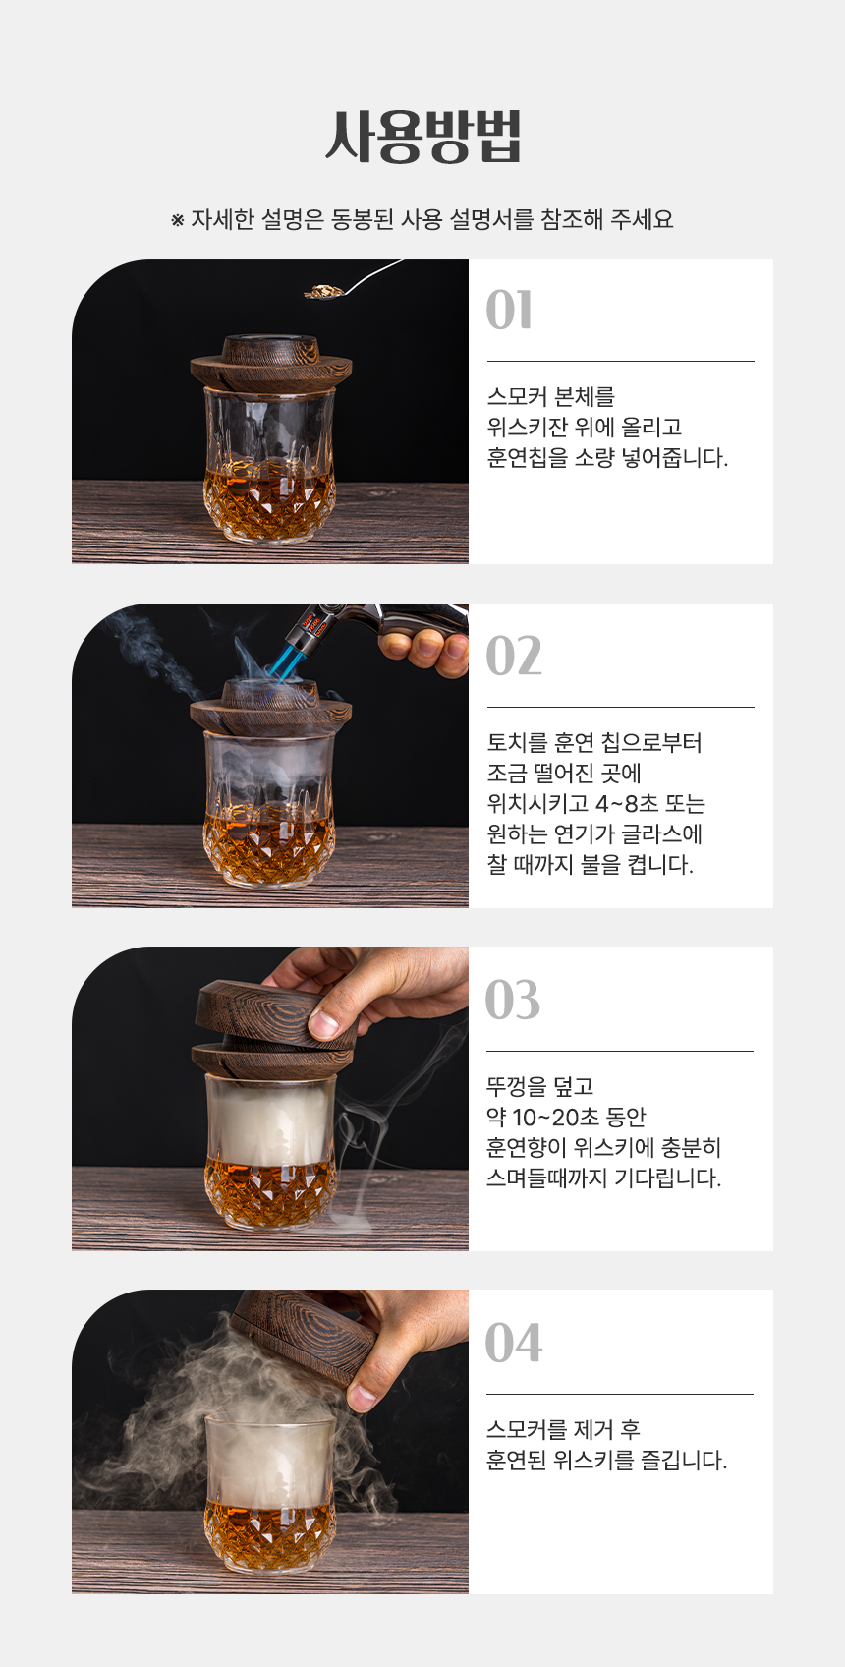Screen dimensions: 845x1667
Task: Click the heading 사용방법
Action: pos(422,137)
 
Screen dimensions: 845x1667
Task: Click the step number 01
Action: pos(509,311)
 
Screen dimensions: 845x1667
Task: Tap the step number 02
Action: pos(513,656)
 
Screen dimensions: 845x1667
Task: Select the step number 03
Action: pos(513,1000)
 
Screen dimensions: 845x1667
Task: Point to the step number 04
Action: pos(513,1344)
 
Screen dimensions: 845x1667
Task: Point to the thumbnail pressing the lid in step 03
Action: pos(324,1023)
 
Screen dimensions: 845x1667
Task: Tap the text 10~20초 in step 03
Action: pos(556,1117)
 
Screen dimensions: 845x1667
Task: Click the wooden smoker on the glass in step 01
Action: pos(271,363)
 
